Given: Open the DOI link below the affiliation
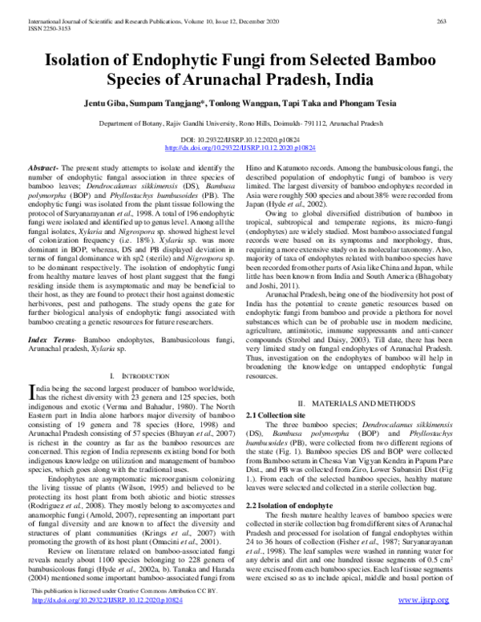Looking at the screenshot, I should pos(240,149).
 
